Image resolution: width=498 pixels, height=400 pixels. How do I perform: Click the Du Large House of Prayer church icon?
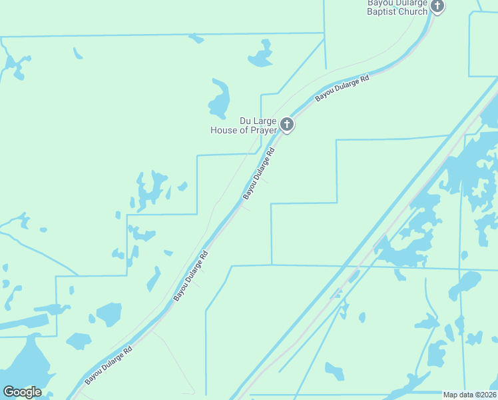286,124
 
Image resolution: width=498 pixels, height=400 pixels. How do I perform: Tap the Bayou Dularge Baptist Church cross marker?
437,7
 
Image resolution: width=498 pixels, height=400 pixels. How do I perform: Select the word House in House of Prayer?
224,131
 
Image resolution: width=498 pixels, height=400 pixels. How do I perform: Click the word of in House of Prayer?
243,131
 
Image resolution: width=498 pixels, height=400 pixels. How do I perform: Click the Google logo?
22,392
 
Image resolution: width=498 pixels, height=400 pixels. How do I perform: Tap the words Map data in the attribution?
457,395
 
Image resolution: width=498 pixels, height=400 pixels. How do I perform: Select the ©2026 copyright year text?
484,395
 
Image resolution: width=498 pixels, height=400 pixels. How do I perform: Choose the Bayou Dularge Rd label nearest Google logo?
109,365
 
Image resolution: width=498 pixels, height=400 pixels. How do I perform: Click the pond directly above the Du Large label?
219,100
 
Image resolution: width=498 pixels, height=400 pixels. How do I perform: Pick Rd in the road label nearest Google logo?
128,349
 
